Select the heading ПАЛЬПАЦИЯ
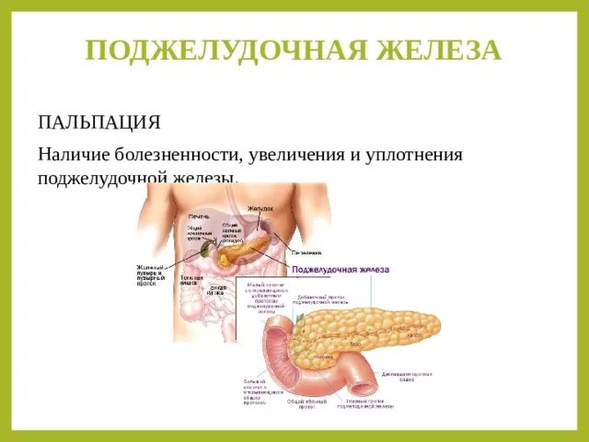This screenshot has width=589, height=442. click(99, 122)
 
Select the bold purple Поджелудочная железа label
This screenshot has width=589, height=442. click(340, 270)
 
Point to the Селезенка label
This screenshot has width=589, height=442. click(306, 251)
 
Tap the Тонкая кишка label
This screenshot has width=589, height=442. click(191, 280)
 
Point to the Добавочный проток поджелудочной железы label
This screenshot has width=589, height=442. click(323, 300)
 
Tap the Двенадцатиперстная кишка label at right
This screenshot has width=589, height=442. click(406, 377)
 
